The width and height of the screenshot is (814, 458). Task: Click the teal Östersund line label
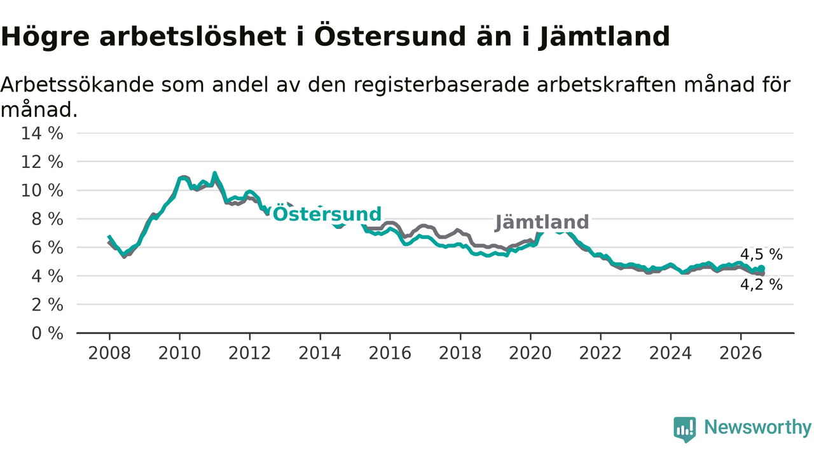[x=327, y=214]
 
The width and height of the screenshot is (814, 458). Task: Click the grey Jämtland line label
[x=542, y=222]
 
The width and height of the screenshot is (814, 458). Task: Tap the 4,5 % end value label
[x=761, y=254]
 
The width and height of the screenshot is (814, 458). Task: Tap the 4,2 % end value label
[x=761, y=284]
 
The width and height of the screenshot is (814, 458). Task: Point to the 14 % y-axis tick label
[x=42, y=134]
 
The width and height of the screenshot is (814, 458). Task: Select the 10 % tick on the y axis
[x=42, y=190]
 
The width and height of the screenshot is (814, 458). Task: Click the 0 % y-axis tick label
[x=47, y=333]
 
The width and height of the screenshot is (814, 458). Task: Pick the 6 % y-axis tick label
[x=47, y=247]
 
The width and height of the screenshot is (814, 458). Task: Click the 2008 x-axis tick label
[x=109, y=353]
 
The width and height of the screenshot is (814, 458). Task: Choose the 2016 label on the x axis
[x=390, y=353]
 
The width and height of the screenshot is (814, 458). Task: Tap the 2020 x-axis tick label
[x=530, y=353]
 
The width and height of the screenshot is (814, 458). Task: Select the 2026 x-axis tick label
[x=741, y=353]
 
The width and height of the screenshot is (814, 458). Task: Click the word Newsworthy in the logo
[x=757, y=427]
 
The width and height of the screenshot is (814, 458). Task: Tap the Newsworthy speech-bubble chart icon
[x=685, y=429]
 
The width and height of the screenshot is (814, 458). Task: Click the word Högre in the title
[x=45, y=37]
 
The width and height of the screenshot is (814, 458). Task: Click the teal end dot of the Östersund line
[x=762, y=268]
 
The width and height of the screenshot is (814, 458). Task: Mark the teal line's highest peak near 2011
[x=214, y=174]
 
